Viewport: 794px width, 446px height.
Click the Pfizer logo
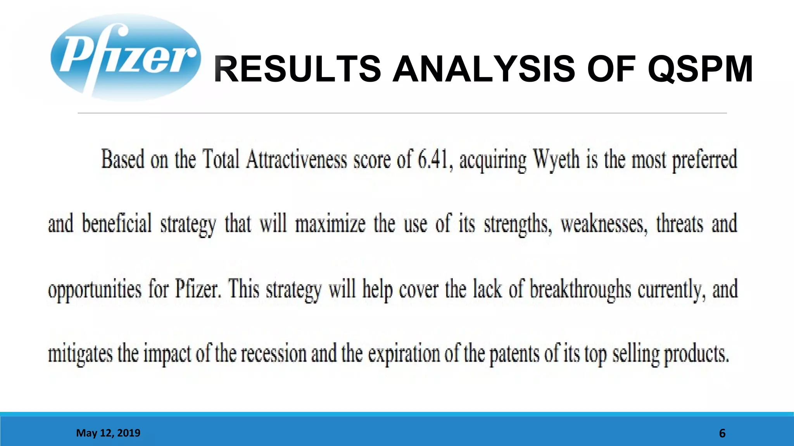pos(125,57)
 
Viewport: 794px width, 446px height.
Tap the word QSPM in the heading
pos(700,69)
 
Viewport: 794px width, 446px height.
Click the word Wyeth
pos(557,160)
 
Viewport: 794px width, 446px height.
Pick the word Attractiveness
pos(297,160)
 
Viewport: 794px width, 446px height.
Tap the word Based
pos(123,160)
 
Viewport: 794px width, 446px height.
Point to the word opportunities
pos(95,290)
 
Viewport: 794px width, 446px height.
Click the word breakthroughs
pos(580,290)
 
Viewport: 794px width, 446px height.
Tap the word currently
pos(671,290)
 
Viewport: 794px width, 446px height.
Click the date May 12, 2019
pos(108,433)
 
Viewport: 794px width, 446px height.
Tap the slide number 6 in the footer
pos(722,433)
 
